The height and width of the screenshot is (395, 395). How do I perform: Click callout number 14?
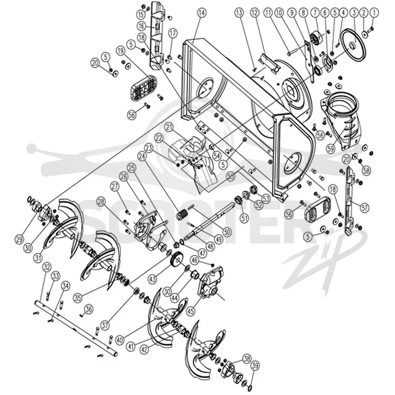coord(202,13)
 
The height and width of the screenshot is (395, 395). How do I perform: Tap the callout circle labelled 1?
coord(374,13)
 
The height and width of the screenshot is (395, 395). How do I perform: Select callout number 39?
coord(255,365)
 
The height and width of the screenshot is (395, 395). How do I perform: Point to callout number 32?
coord(47,267)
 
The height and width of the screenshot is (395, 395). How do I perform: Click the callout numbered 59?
coord(330,149)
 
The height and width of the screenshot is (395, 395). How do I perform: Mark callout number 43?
coord(153,278)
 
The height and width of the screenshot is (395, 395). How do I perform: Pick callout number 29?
coord(19,239)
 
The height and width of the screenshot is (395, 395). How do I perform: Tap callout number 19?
coord(120,51)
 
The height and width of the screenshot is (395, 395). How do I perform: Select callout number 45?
coord(191,311)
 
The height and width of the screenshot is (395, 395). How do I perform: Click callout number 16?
coord(141,26)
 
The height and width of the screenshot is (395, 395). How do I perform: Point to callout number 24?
coord(142,157)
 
